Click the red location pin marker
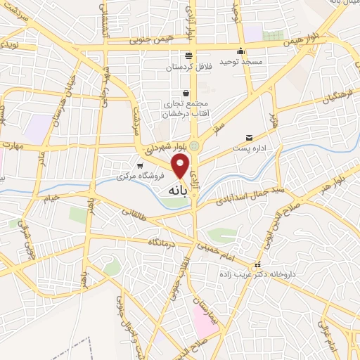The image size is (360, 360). point(181,166)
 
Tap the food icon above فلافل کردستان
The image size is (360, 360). point(188,56)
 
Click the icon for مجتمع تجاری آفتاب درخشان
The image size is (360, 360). point(186,92)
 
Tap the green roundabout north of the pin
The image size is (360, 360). point(195,146)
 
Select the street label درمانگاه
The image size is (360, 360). point(165,242)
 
